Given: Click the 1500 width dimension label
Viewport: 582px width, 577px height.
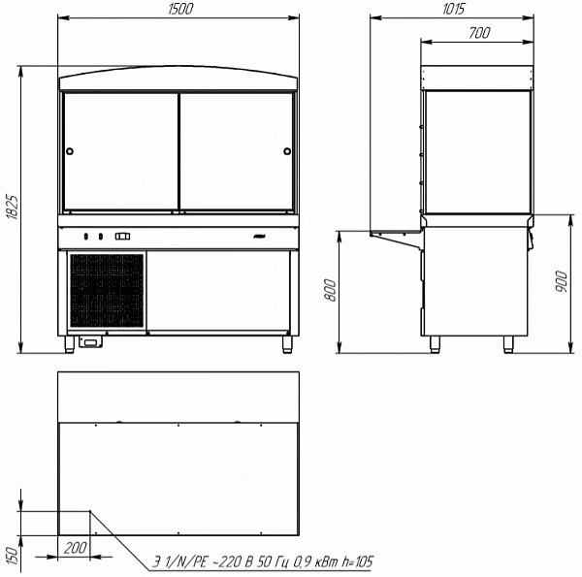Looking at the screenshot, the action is coord(180,9).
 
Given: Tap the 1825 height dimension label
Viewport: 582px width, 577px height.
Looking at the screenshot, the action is coord(12,207).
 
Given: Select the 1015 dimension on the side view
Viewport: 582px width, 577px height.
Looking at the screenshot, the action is coord(453,9).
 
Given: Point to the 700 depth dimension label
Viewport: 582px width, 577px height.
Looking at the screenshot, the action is coord(479,33).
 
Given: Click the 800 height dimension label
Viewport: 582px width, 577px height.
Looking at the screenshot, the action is coord(330,290).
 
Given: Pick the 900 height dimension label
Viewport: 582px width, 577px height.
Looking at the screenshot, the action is coord(562,281).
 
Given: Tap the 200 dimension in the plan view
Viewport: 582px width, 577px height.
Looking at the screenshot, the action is coord(76,548).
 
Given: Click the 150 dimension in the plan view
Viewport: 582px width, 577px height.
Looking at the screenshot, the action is coord(12,556).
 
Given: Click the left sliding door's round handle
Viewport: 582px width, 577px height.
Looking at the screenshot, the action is coord(70,151).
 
